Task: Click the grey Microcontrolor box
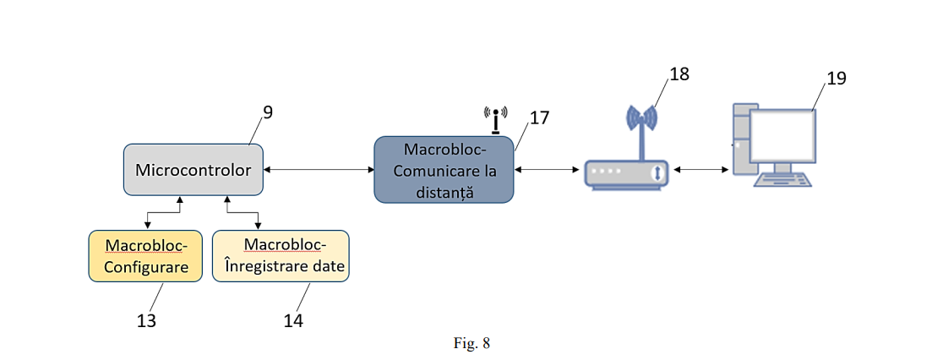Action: [193, 171]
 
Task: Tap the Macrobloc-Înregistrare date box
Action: [280, 256]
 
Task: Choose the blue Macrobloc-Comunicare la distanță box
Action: [444, 171]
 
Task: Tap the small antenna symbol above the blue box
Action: [495, 119]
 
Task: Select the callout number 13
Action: [146, 320]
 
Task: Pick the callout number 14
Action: [293, 320]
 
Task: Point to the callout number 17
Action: [539, 117]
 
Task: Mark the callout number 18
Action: [679, 74]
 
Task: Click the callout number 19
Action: [836, 79]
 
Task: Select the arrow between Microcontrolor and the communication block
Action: [319, 171]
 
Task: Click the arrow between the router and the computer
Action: [701, 171]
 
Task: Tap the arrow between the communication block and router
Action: [548, 171]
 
